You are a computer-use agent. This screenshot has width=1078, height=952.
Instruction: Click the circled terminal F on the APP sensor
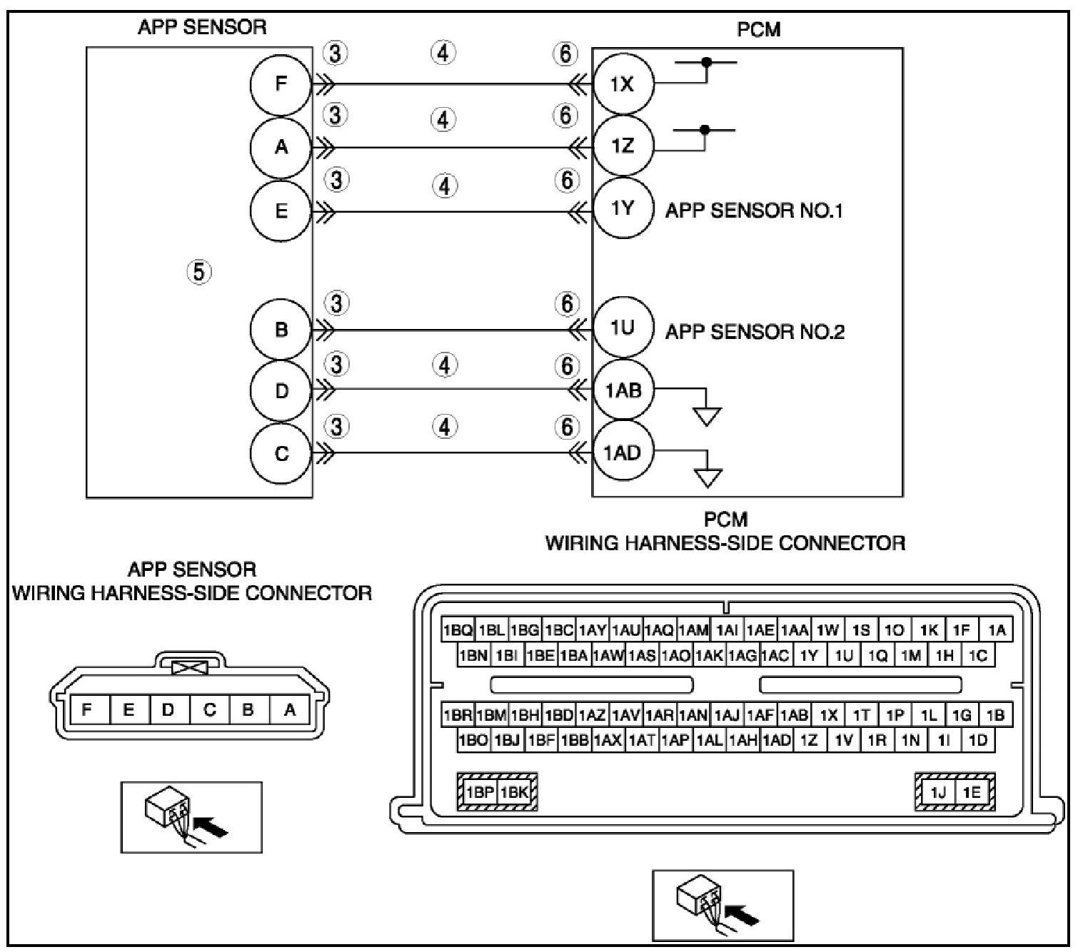(281, 84)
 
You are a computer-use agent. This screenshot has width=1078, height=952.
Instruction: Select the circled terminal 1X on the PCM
(622, 84)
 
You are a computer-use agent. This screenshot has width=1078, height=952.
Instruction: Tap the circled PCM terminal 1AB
(623, 390)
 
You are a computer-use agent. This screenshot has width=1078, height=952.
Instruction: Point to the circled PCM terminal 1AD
(622, 452)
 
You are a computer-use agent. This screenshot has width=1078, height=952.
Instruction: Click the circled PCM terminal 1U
(622, 328)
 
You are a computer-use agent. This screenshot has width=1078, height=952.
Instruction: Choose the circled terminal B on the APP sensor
(281, 330)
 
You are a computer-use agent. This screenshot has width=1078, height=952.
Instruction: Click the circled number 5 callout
(200, 271)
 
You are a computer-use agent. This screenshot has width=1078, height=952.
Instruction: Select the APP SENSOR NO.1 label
(754, 211)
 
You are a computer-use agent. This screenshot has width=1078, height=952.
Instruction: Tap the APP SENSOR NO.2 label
(755, 332)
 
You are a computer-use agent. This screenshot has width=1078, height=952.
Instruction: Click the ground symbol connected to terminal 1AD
(707, 476)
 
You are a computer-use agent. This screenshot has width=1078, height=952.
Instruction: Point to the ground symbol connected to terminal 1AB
(707, 415)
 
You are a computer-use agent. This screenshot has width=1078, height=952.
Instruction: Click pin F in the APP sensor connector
(87, 709)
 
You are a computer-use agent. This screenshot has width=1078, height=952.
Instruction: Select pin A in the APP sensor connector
(290, 709)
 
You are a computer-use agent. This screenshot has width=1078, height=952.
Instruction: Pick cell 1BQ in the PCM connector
(458, 630)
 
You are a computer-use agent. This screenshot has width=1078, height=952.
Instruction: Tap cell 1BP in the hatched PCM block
(480, 792)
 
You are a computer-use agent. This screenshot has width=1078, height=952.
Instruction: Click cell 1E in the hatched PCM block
(972, 792)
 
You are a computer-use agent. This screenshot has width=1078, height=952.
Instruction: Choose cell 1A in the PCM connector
(997, 630)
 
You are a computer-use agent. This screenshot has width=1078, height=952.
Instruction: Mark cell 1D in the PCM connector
(978, 741)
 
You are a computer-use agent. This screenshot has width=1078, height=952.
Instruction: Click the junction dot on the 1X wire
(707, 62)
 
